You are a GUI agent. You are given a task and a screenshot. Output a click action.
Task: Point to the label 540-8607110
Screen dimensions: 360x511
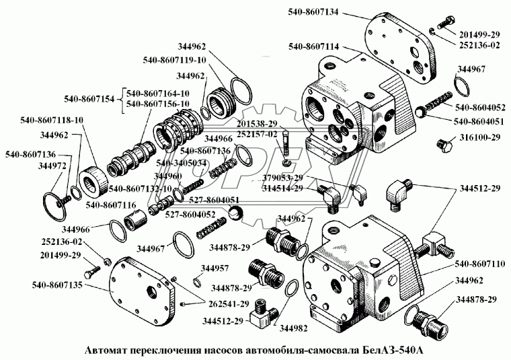(x=479, y=264)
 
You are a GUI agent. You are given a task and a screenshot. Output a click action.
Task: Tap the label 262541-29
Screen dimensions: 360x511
(x=220, y=303)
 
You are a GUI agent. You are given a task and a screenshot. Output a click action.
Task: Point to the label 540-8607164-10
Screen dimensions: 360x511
(x=157, y=93)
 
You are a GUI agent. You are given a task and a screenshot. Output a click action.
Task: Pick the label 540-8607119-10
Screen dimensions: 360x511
(x=173, y=59)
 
